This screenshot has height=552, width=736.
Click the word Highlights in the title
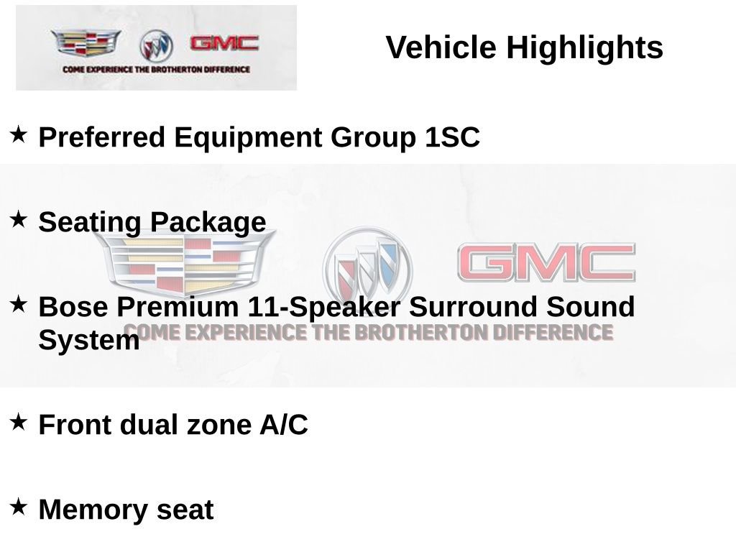(x=584, y=48)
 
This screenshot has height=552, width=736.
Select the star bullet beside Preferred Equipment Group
(x=19, y=134)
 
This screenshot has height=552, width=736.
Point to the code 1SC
(x=451, y=137)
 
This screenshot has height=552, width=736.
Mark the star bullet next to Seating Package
(x=19, y=218)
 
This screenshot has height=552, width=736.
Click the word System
(x=88, y=340)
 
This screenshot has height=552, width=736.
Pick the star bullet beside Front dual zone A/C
(x=19, y=421)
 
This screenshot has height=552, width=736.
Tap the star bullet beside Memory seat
(x=19, y=506)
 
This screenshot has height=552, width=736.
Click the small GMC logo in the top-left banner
(x=224, y=43)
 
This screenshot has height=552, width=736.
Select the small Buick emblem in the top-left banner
(x=156, y=46)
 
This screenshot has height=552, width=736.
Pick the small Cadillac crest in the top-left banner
(x=86, y=44)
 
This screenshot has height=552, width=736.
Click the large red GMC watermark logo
(x=546, y=263)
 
